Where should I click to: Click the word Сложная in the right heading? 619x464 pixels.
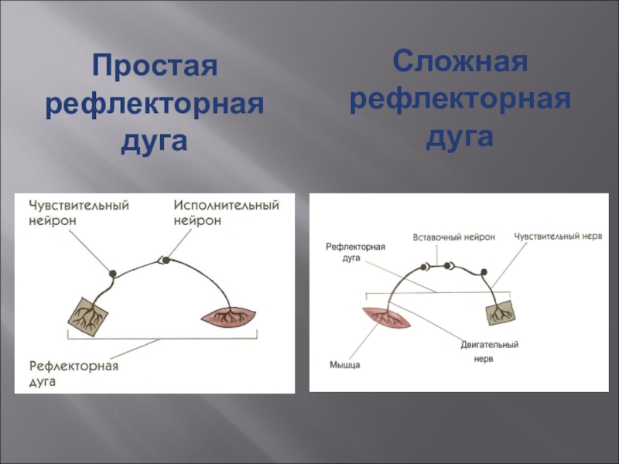click(460, 60)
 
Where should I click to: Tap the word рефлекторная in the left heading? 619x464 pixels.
click(155, 104)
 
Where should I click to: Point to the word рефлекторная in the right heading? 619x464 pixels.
click(460, 99)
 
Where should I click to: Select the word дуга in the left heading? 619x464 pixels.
click(155, 143)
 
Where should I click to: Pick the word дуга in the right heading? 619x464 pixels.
click(460, 138)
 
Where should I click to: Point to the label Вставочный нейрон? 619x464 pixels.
click(454, 237)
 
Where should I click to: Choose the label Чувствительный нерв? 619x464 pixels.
click(558, 236)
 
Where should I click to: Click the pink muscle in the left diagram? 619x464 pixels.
click(228, 316)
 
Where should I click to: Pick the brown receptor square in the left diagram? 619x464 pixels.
click(88, 318)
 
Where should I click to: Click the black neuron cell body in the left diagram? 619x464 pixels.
click(113, 273)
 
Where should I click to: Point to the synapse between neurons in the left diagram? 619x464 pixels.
click(162, 261)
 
